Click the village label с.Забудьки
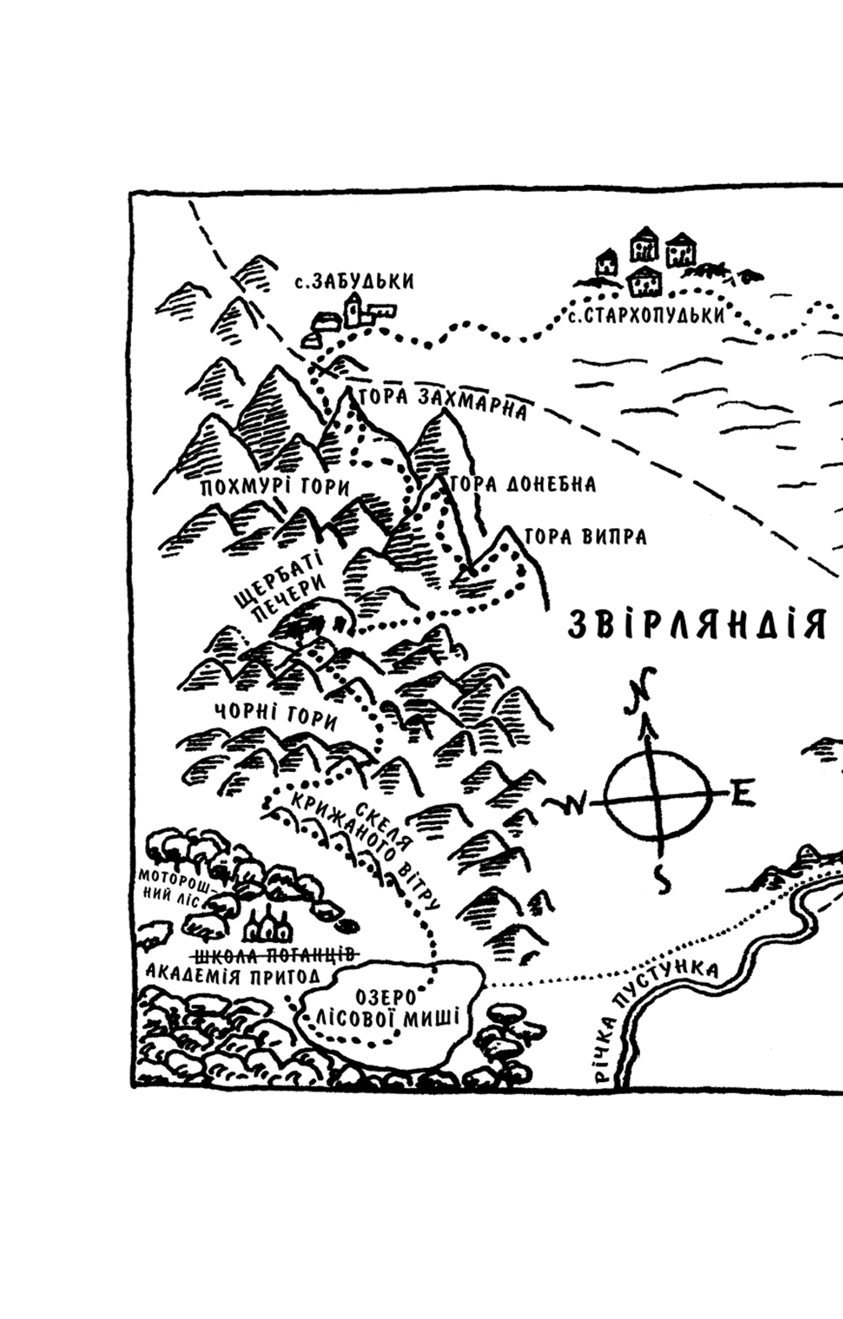coord(354,282)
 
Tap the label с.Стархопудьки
coord(646,316)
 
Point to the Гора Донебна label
coord(523,484)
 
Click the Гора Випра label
coord(586,537)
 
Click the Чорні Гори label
coord(275,717)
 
